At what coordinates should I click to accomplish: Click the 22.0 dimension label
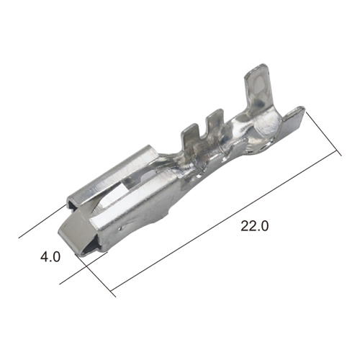(x=255, y=226)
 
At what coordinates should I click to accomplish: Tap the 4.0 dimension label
(x=50, y=257)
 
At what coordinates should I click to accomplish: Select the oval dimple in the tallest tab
(x=260, y=84)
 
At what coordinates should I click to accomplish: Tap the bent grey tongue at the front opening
(x=77, y=230)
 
